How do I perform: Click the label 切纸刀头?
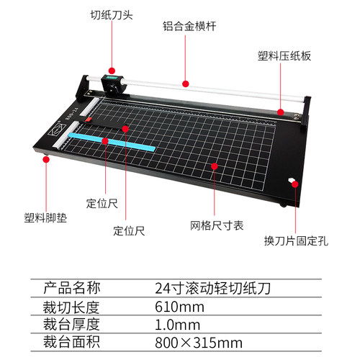(x=112, y=15)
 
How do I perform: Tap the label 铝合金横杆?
(x=189, y=26)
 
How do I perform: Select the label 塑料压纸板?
(x=284, y=56)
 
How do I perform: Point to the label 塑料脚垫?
(x=45, y=218)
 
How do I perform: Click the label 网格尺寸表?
(x=217, y=225)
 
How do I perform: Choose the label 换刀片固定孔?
(x=296, y=240)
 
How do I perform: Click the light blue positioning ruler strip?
(x=112, y=142)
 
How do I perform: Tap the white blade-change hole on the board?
(x=292, y=180)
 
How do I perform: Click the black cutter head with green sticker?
(x=112, y=85)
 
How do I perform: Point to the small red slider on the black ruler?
(x=88, y=120)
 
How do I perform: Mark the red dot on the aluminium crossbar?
(x=185, y=84)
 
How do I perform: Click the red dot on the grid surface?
(x=215, y=166)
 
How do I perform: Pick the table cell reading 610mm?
(x=179, y=307)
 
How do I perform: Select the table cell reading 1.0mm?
(x=177, y=325)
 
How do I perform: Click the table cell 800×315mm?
(x=199, y=343)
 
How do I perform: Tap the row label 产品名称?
(x=71, y=288)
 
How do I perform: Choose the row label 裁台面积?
(x=71, y=342)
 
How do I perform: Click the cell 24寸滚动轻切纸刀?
(x=213, y=288)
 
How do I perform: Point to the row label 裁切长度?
(x=71, y=307)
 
